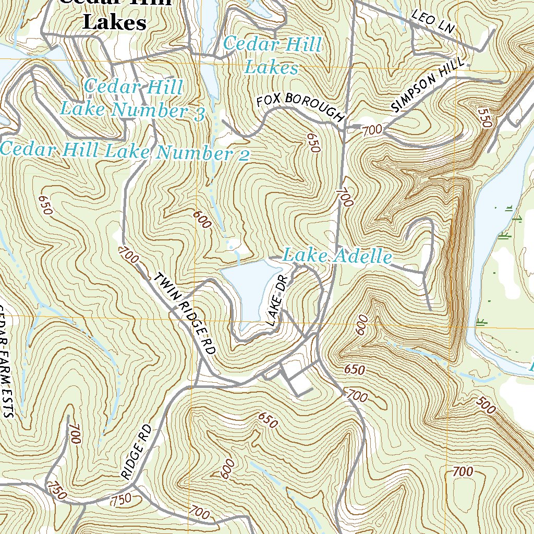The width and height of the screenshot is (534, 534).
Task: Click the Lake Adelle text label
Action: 337,257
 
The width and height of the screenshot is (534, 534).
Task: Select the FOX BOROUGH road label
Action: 300,107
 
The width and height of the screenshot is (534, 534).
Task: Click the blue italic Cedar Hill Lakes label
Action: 272,56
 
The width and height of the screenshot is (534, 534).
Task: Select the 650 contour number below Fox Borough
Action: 312,142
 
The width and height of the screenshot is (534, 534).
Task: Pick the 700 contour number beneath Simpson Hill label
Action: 372,130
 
